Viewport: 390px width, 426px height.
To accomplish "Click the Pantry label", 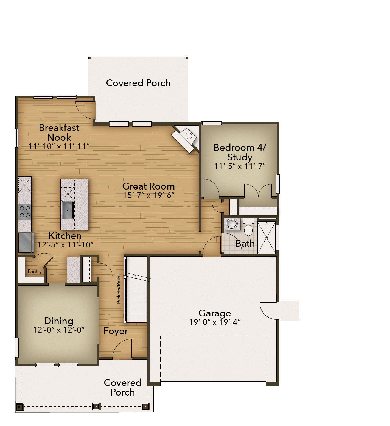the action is pos(35,271).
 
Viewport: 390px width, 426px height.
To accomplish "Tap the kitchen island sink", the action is pos(68,210).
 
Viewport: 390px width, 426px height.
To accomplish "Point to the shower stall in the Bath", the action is pos(266,238).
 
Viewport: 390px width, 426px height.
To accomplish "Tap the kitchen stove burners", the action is pos(25,212).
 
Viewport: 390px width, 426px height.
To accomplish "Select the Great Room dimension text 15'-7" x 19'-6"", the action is pos(149,195).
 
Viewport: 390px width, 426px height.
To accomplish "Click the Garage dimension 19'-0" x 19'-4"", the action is pos(215,322).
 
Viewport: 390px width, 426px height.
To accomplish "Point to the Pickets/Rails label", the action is pos(119,289).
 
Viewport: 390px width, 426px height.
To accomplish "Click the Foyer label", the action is pos(116,331).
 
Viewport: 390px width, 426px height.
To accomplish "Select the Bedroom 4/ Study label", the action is pos(240,152).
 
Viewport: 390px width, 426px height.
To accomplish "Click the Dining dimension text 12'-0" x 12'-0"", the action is pos(59,330).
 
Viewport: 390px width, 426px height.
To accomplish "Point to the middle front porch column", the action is pos(96,406).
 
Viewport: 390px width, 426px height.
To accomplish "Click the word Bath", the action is pos(245,243).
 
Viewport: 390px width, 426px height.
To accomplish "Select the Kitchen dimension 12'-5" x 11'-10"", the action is pos(66,244).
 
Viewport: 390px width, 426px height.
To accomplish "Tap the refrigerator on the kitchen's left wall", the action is pos(26,243).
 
